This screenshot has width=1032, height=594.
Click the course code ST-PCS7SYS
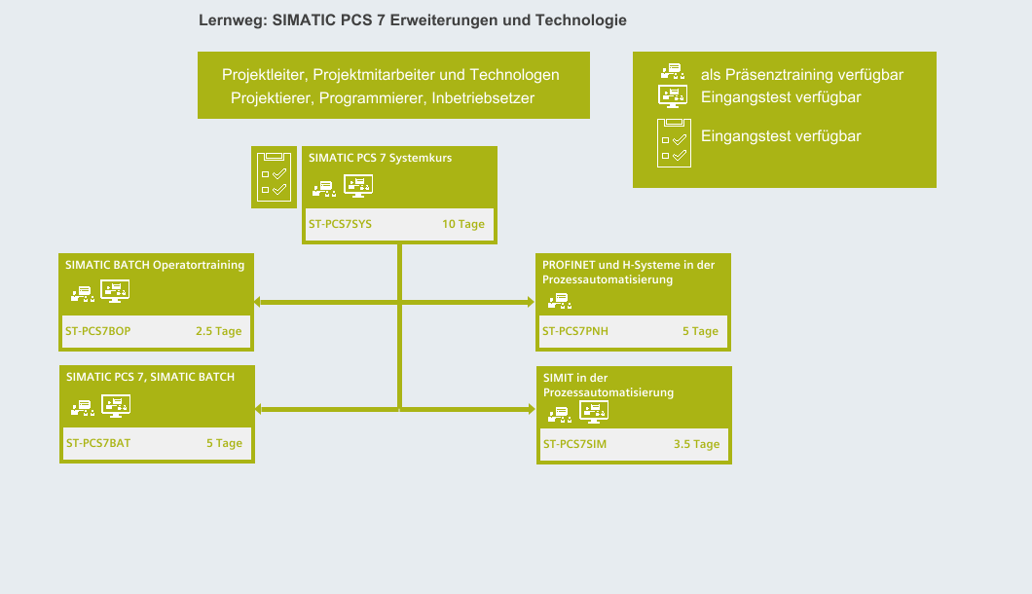pyautogui.click(x=340, y=224)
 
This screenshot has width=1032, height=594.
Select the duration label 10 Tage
pyautogui.click(x=462, y=224)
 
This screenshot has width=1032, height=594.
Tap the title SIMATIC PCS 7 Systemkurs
pyautogui.click(x=380, y=157)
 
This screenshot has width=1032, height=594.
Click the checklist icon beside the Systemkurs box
pyautogui.click(x=274, y=176)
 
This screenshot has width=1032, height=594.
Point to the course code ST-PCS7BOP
pyautogui.click(x=97, y=331)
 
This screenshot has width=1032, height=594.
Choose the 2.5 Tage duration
pyautogui.click(x=218, y=331)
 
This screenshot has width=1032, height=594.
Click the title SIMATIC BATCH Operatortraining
pyautogui.click(x=155, y=264)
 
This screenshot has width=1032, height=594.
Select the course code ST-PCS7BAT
pyautogui.click(x=97, y=443)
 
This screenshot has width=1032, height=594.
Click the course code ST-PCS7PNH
pyautogui.click(x=574, y=331)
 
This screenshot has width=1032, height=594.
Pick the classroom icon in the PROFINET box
pyautogui.click(x=559, y=299)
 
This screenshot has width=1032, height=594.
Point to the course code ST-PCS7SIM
pyautogui.click(x=574, y=444)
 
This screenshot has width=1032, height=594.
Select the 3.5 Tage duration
pyautogui.click(x=696, y=444)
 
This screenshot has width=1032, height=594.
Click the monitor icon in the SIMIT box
pyautogui.click(x=594, y=411)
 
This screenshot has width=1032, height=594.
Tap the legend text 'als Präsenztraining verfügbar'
pyautogui.click(x=802, y=75)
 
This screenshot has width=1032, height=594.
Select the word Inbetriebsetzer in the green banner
pyautogui.click(x=483, y=98)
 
